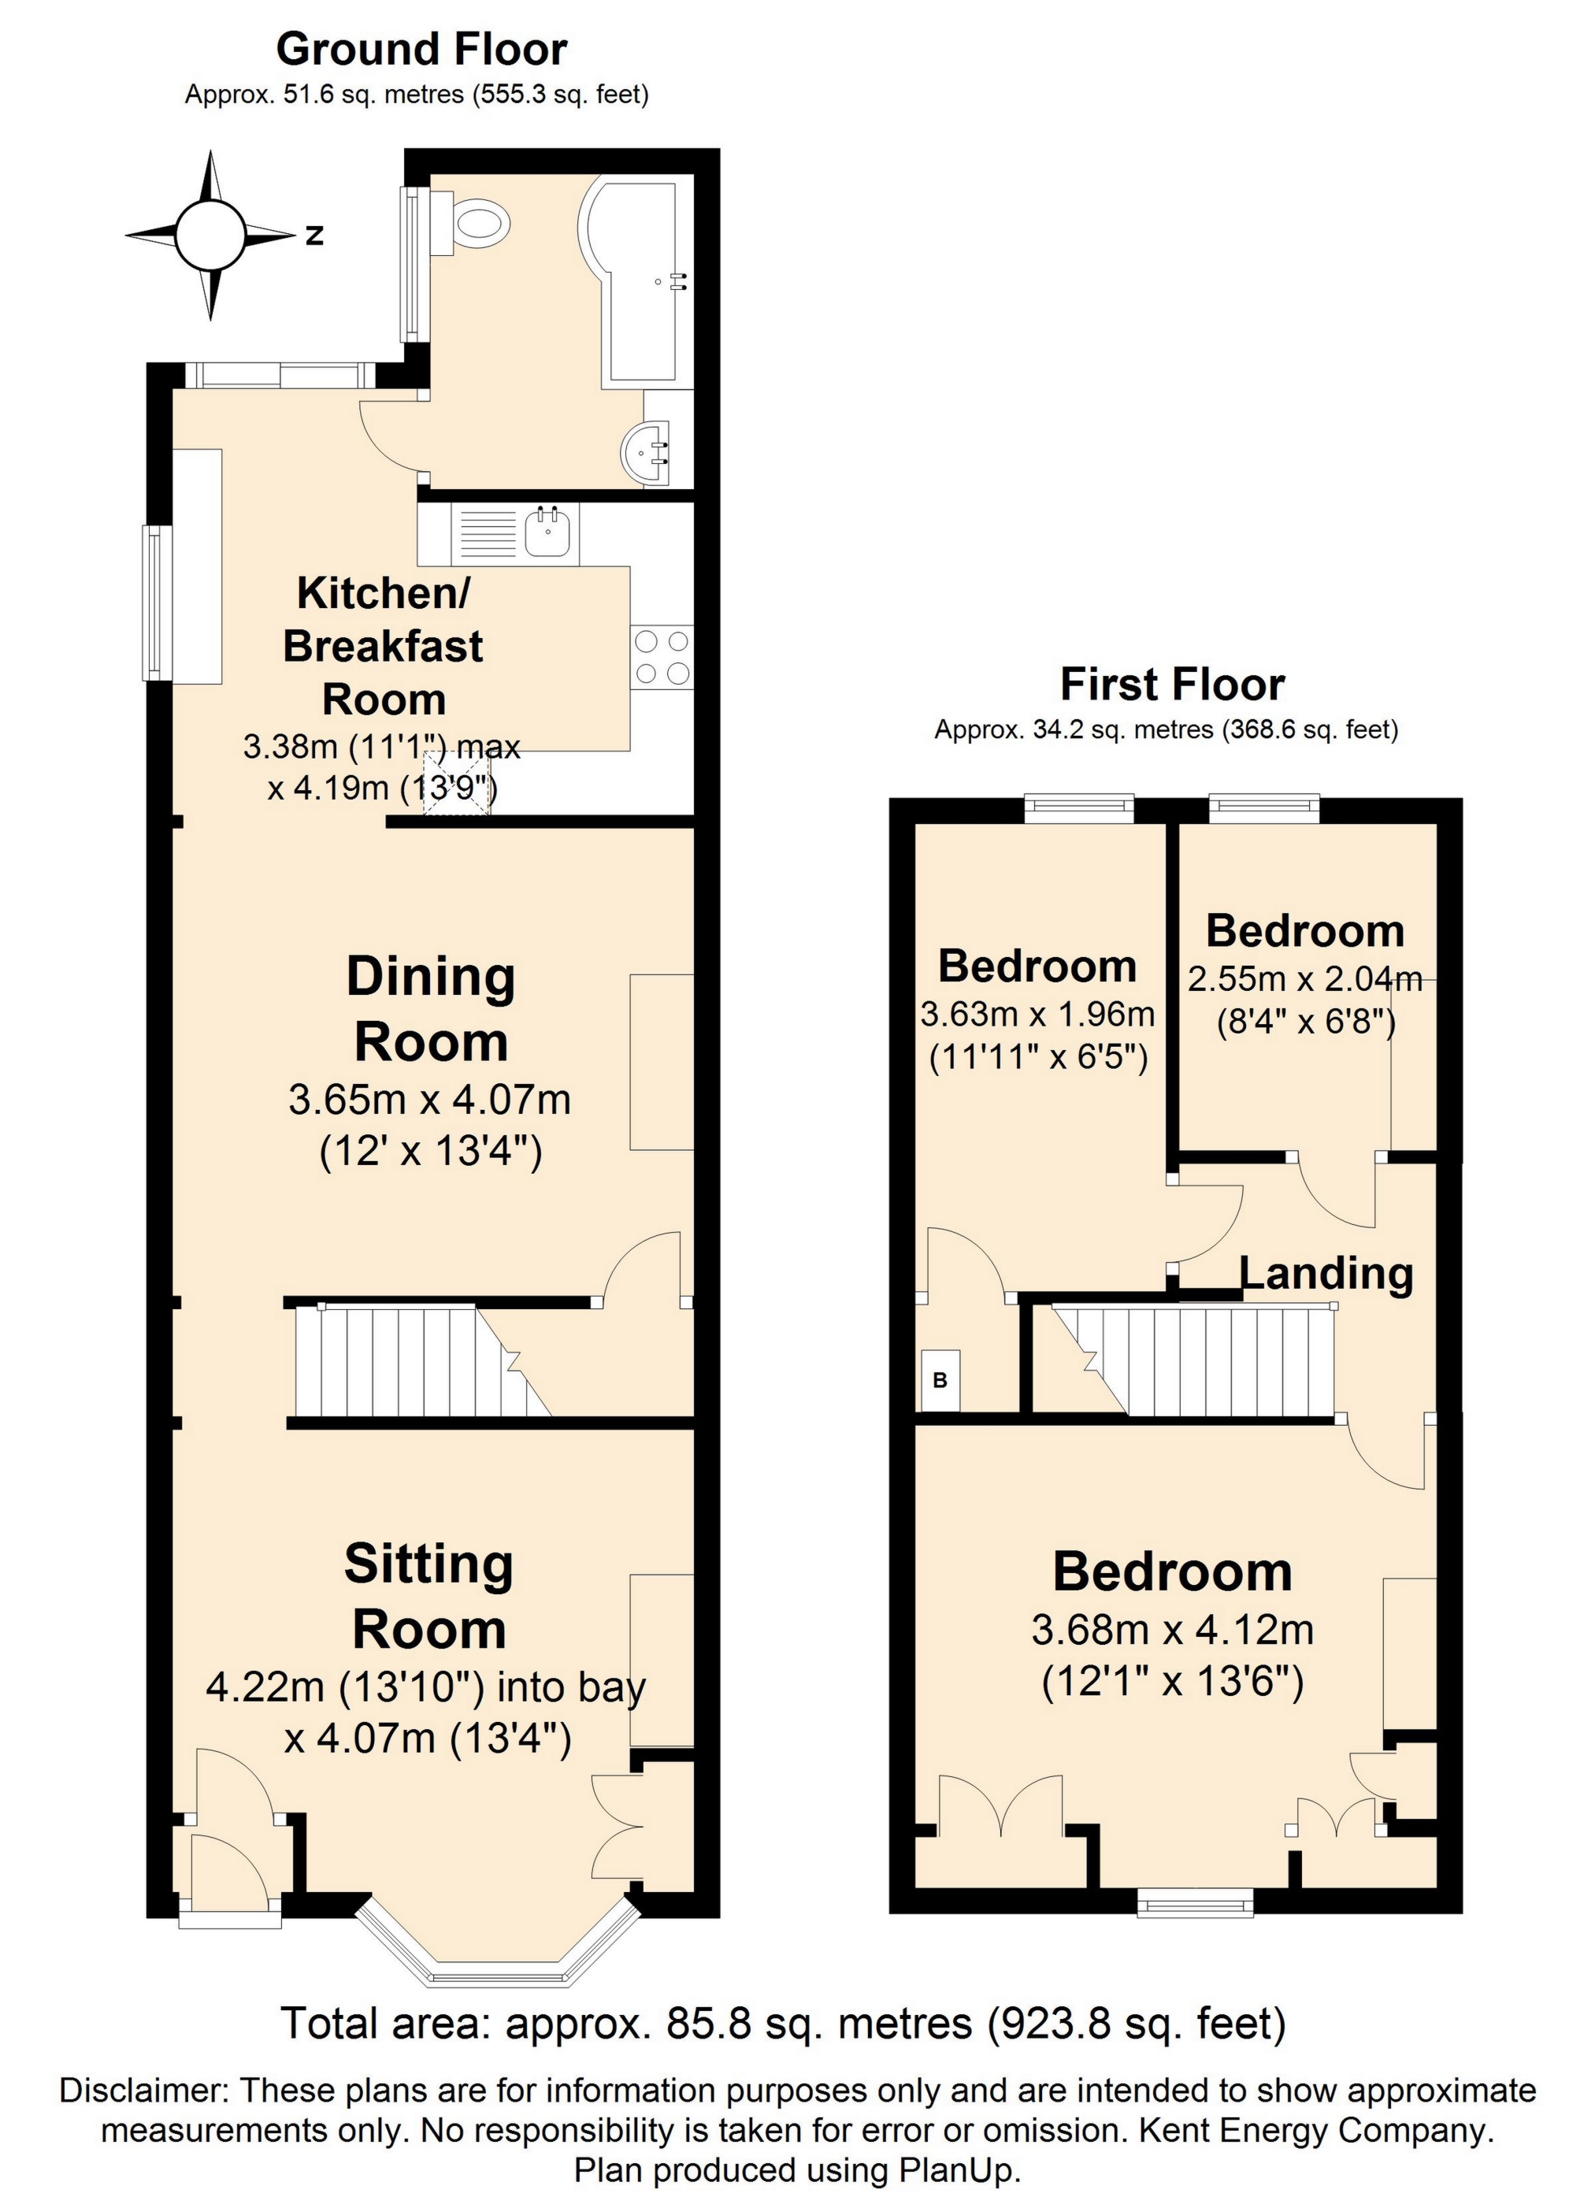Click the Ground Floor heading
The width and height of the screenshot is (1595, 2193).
click(421, 50)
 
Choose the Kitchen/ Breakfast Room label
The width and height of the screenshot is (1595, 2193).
click(383, 646)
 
